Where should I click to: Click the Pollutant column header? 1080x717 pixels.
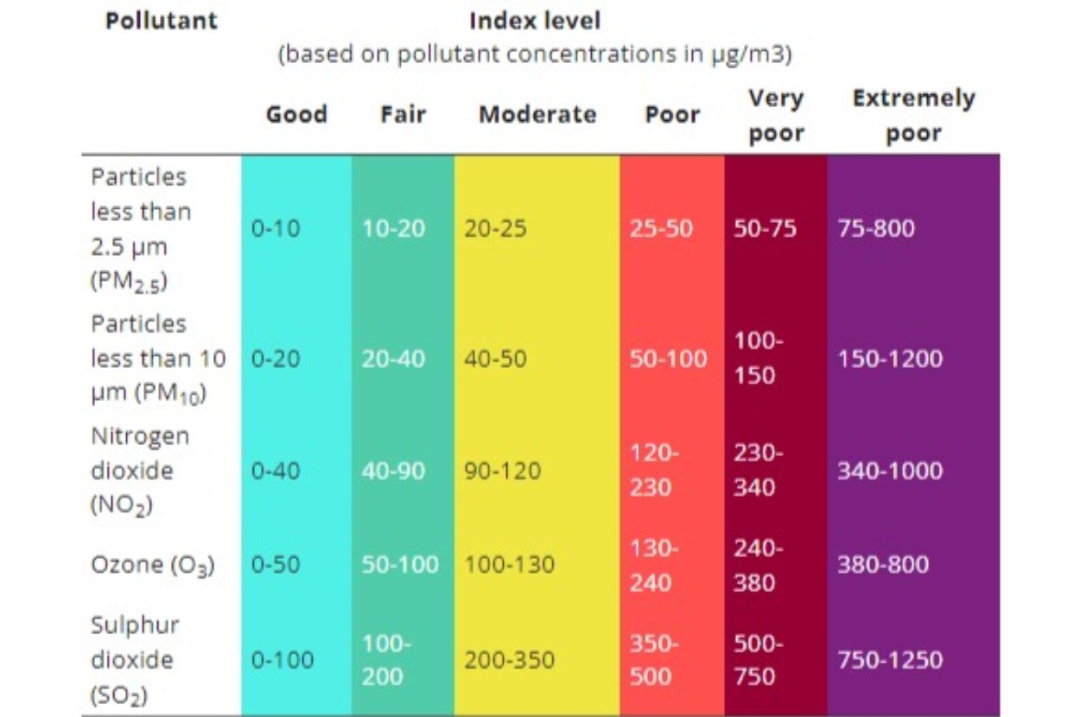click(x=161, y=21)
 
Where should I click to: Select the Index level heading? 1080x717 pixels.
click(x=534, y=21)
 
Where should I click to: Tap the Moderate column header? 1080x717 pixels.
click(x=537, y=115)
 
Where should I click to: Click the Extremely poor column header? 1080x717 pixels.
click(x=913, y=116)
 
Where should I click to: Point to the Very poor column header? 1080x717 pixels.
click(x=775, y=116)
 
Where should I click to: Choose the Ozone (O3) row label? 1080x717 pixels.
click(x=153, y=566)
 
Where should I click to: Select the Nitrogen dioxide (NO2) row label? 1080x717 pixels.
click(x=140, y=471)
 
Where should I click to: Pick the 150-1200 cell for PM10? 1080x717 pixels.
click(x=889, y=358)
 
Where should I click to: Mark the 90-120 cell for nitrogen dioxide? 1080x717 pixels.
click(x=503, y=471)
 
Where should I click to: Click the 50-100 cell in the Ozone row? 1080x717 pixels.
click(x=400, y=566)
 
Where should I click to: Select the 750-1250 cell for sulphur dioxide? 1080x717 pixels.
click(x=889, y=660)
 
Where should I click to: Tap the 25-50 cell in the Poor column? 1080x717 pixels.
click(x=661, y=229)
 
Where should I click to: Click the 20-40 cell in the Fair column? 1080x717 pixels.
click(x=393, y=358)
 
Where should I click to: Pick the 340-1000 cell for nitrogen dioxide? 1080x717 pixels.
click(x=889, y=471)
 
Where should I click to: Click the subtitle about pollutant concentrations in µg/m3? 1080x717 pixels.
click(x=534, y=55)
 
